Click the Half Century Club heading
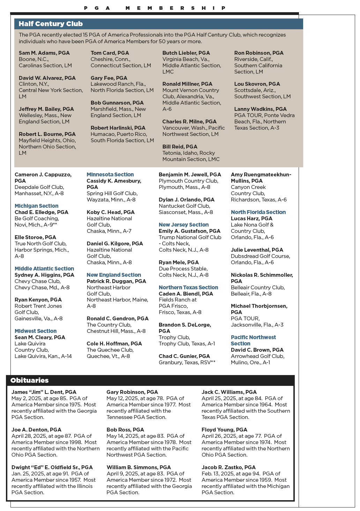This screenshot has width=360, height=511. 51,24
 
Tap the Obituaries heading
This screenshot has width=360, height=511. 30,380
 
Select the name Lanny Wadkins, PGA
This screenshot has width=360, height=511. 260,109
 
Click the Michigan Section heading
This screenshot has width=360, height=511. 37,206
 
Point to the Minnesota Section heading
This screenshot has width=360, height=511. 110,175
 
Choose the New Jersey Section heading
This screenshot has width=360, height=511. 183,225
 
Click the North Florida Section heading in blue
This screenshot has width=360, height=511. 258,212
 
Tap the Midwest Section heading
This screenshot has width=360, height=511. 36,331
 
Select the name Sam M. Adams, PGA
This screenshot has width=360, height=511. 44,53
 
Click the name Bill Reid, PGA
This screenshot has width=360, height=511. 180,147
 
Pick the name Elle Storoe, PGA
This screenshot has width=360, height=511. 35,237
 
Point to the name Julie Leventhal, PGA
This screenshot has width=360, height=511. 257,250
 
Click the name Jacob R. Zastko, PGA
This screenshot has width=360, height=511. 228,467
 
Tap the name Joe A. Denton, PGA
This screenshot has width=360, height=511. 36,430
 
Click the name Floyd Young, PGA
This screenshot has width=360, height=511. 224,430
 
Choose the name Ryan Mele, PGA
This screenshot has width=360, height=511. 179,262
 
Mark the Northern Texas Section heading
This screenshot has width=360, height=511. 188,288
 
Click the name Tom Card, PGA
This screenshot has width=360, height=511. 110,53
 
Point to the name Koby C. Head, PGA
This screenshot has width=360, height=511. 111,212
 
